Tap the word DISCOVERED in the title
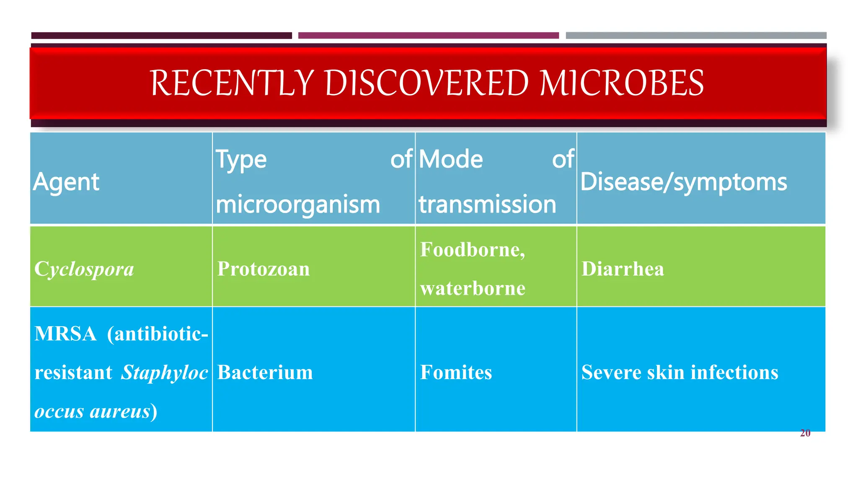point(427,83)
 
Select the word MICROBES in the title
point(622,83)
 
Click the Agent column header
point(66,182)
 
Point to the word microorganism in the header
point(298,205)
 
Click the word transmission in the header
point(487,205)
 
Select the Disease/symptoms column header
point(683,182)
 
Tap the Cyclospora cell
point(84,269)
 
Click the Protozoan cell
point(264,269)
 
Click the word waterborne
point(473,288)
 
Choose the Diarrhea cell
point(623,269)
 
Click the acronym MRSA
point(65,334)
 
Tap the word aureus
point(120,411)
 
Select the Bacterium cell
point(265,372)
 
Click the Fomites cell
point(456,372)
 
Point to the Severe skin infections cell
point(680,372)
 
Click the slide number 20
point(805,433)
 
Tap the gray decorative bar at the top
point(695,36)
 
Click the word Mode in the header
point(451,159)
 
